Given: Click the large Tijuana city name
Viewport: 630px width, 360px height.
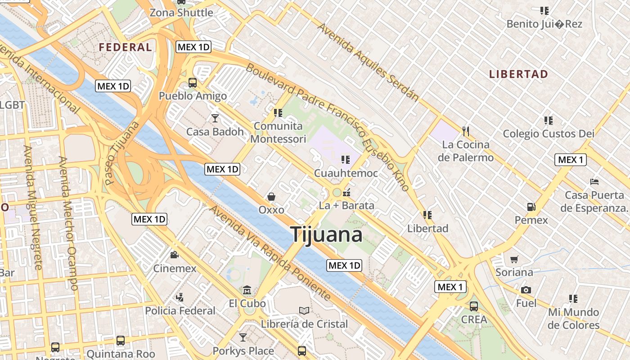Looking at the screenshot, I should pyautogui.click(x=326, y=235).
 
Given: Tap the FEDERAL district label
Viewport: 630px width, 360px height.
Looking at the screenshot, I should pyautogui.click(x=125, y=47).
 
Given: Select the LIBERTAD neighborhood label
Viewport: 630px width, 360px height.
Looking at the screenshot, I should pyautogui.click(x=518, y=74).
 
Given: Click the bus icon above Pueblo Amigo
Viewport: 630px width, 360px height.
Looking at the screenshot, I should pyautogui.click(x=193, y=83).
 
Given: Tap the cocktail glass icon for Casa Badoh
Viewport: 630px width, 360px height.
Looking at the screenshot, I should pyautogui.click(x=215, y=118).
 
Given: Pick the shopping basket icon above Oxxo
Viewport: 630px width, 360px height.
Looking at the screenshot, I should pyautogui.click(x=271, y=197).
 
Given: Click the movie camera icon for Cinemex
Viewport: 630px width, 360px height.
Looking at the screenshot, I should pyautogui.click(x=174, y=255).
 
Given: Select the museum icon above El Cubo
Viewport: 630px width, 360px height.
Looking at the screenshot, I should pyautogui.click(x=247, y=290).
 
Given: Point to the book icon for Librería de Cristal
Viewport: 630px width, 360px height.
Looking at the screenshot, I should pyautogui.click(x=304, y=310).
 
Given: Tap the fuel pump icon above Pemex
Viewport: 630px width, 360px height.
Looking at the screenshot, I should pyautogui.click(x=531, y=207).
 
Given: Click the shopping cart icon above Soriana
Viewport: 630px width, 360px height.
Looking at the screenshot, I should pyautogui.click(x=514, y=259).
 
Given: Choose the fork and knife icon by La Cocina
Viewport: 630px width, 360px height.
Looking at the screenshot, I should pyautogui.click(x=466, y=131).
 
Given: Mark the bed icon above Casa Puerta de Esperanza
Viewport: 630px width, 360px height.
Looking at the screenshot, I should pyautogui.click(x=594, y=182).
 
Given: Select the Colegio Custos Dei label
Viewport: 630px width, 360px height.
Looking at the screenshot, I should pyautogui.click(x=549, y=134).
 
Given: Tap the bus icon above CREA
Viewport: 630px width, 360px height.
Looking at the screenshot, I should pyautogui.click(x=474, y=306).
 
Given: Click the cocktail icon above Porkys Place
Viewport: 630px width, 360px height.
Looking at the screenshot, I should pyautogui.click(x=243, y=337).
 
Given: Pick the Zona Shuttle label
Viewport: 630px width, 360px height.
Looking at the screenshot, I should pyautogui.click(x=181, y=13).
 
